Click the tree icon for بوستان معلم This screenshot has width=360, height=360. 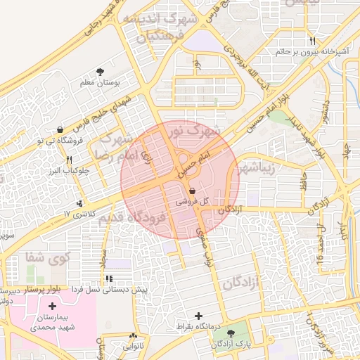tap(101, 71)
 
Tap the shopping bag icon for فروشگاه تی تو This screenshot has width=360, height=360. tap(60, 129)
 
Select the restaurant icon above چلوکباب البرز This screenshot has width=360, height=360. tap(68, 160)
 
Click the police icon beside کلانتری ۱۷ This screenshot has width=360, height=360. tap(81, 203)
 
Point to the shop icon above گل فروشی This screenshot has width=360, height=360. tap(193, 191)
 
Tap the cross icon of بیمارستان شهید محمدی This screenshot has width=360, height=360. tap(52, 306)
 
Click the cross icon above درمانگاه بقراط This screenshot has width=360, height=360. tap(199, 316)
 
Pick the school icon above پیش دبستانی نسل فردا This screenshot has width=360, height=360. tap(108, 279)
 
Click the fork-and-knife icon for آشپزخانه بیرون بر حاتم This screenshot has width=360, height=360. tap(312, 41)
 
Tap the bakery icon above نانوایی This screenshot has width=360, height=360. tap(134, 337)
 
